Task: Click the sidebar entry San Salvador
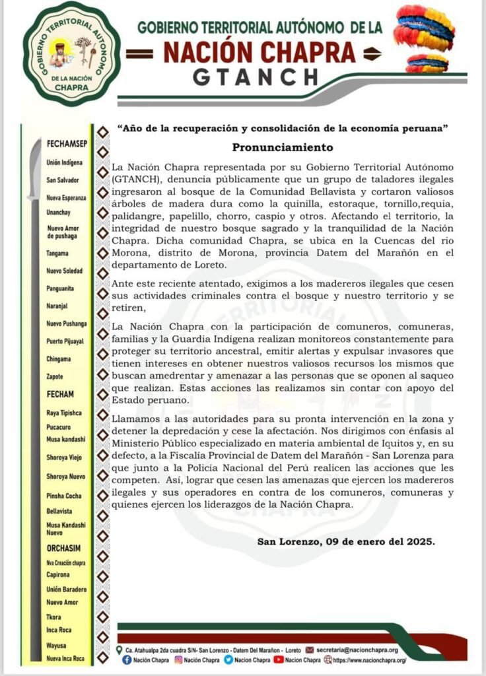pyautogui.click(x=63, y=180)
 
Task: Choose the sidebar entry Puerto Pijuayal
pyautogui.click(x=65, y=341)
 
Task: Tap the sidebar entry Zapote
pyautogui.click(x=55, y=376)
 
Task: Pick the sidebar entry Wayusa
pyautogui.click(x=56, y=645)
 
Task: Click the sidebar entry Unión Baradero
pyautogui.click(x=67, y=589)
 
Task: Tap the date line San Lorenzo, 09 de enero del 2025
pyautogui.click(x=346, y=542)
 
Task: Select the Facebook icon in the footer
pyautogui.click(x=127, y=659)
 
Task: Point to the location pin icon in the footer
pyautogui.click(x=118, y=650)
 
